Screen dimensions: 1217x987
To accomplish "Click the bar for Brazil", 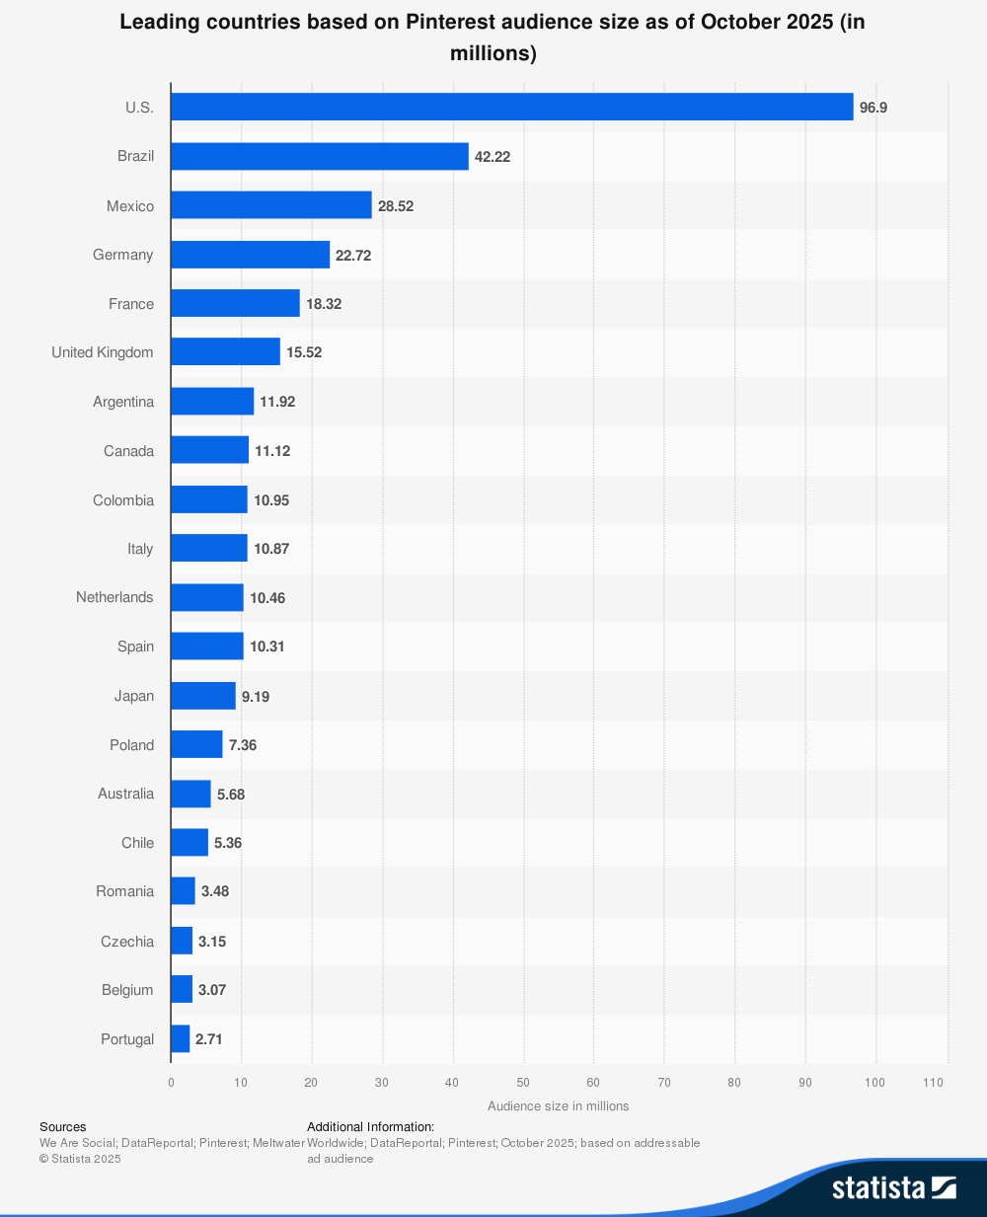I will (x=319, y=156).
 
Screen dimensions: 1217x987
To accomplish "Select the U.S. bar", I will (x=511, y=107).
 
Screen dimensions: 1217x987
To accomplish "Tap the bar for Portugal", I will (x=180, y=1038).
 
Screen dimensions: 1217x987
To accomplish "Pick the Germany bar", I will (x=250, y=255).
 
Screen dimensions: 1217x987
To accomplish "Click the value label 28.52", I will (x=396, y=206).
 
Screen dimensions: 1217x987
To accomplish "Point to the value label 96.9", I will (x=873, y=108).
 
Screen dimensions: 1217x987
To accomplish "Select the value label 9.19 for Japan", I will (x=256, y=696).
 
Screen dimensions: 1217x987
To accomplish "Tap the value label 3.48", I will (x=215, y=891).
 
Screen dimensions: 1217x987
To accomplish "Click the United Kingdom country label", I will (x=103, y=352).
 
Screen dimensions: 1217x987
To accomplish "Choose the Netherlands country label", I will (x=114, y=597).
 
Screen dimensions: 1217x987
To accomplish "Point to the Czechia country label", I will (x=127, y=941).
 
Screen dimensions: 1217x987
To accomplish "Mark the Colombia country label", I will (x=123, y=500).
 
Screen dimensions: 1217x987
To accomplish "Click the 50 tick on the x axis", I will (x=523, y=1083).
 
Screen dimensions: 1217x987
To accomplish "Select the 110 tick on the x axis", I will (x=933, y=1083).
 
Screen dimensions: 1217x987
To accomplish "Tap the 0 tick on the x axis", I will (x=171, y=1083).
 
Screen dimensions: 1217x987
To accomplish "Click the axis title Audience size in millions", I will (x=558, y=1105).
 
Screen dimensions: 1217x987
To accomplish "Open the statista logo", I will (x=893, y=1187).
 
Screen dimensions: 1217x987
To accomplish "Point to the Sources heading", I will (x=63, y=1126).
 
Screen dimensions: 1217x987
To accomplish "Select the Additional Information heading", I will (x=370, y=1126).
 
